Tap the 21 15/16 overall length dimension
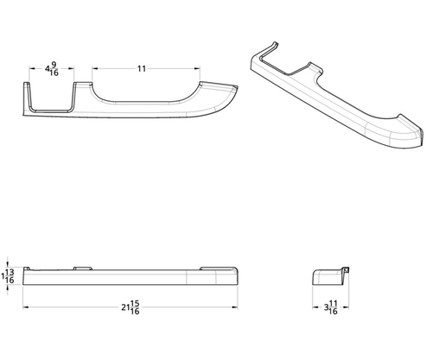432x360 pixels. click(131, 307)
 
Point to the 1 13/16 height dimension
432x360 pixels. click(9, 275)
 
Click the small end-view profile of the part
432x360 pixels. click(328, 277)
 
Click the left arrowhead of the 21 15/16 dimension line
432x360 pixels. click(27, 306)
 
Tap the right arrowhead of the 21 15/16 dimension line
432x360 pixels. click(239, 306)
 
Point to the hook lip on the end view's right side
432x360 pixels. click(347, 272)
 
